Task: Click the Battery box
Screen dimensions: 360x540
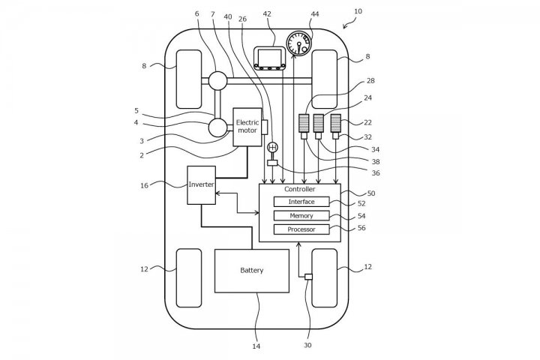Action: pyautogui.click(x=251, y=270)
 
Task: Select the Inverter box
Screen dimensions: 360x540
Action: pyautogui.click(x=201, y=184)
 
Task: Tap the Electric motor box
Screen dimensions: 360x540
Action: pyautogui.click(x=247, y=126)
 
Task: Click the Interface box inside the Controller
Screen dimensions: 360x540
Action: pyautogui.click(x=301, y=202)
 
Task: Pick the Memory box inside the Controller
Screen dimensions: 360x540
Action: pyautogui.click(x=301, y=215)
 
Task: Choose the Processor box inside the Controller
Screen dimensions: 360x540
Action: pyautogui.click(x=301, y=229)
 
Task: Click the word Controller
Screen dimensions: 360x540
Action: pyautogui.click(x=300, y=189)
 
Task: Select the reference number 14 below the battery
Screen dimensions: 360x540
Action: pyautogui.click(x=256, y=346)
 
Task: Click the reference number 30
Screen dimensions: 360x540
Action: pyautogui.click(x=308, y=346)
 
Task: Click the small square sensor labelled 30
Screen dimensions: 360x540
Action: pyautogui.click(x=308, y=277)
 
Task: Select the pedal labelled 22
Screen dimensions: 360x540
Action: pyautogui.click(x=335, y=124)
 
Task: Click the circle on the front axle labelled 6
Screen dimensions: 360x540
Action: pyautogui.click(x=217, y=79)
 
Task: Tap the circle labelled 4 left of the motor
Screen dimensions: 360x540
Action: pyautogui.click(x=217, y=127)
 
